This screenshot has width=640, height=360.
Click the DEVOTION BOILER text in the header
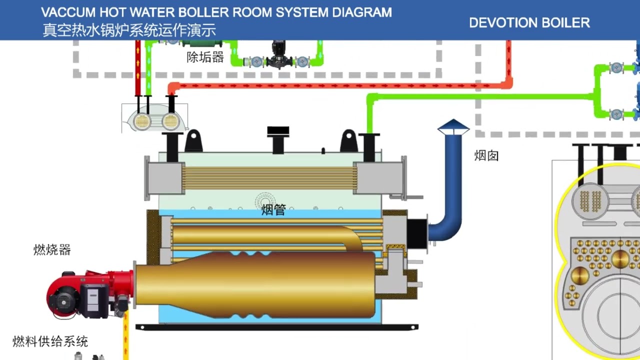pos(529,22)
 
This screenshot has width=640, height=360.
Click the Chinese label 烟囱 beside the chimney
pos(486,155)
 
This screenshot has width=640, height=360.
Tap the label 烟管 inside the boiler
pos(273,210)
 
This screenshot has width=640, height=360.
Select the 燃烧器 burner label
pos(52,249)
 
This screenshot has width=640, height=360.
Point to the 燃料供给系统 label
pos(50,341)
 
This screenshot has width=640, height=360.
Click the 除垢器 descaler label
pos(205,57)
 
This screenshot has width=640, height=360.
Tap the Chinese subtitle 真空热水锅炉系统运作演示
pos(129,30)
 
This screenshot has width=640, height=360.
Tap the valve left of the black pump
pos(256,62)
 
